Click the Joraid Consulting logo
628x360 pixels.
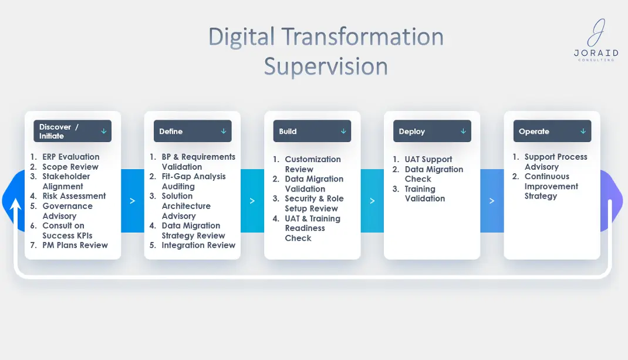[596, 40]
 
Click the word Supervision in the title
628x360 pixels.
[326, 66]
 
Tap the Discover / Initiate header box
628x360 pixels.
[73, 131]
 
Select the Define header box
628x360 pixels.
[193, 131]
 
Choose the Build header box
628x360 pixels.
[312, 131]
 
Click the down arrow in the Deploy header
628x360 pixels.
[463, 131]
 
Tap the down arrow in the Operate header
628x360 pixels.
[583, 131]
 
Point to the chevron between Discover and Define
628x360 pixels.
[133, 201]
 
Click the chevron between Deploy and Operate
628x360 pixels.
[492, 201]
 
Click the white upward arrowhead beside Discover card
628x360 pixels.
[16, 204]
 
